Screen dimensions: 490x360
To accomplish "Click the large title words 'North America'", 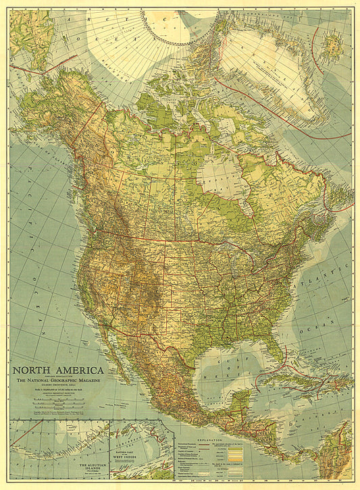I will [x=58, y=370].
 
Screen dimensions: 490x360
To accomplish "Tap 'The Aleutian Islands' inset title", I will [x=84, y=466].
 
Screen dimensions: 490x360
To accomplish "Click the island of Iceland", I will [x=330, y=46].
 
